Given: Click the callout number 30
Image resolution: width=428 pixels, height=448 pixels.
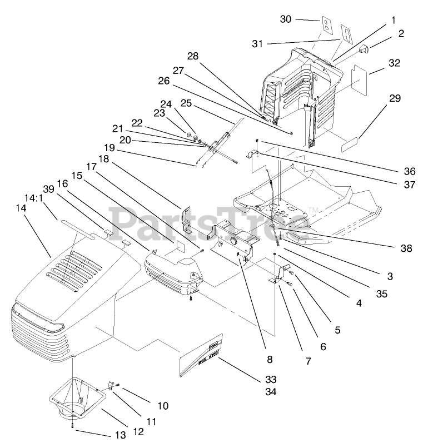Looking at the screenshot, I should pos(285,19).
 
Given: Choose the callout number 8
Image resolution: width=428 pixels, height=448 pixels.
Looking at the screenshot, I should pos(270,360).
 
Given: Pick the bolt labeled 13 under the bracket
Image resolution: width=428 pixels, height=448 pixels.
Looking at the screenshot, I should pos(73,425).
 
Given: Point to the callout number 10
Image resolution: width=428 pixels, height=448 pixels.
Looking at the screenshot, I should pos(162,406).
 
